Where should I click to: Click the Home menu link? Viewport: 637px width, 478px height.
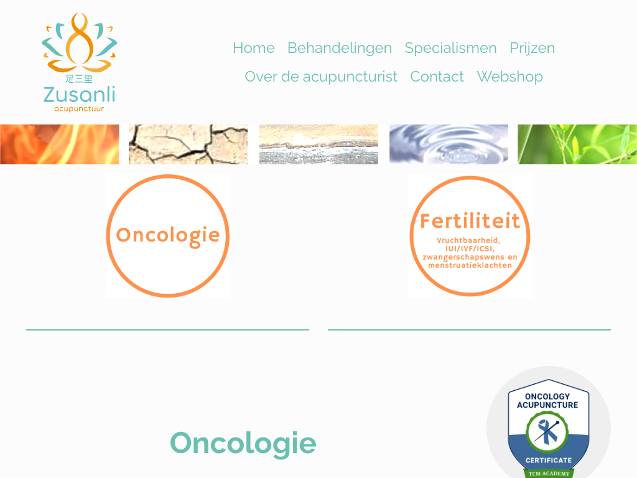tap(254, 48)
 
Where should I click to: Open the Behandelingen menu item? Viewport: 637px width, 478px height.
tap(340, 49)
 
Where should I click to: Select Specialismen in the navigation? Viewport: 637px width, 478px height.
tap(450, 49)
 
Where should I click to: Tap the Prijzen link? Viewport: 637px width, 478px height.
tap(532, 49)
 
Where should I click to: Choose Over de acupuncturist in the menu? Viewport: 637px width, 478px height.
tap(321, 77)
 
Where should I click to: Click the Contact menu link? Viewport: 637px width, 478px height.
tap(437, 77)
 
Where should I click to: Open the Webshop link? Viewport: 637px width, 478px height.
tap(510, 77)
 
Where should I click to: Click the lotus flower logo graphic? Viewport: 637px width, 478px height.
tap(80, 42)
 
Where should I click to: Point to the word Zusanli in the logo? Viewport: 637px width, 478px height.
tap(80, 95)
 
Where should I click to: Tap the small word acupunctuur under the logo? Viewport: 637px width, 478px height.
tap(79, 109)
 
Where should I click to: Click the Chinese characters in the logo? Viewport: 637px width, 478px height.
tap(79, 78)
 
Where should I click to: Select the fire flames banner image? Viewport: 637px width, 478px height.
tap(60, 144)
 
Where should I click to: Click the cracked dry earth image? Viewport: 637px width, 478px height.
tap(188, 144)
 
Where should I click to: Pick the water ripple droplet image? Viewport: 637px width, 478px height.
tap(449, 144)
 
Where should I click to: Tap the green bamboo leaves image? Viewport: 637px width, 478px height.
tap(577, 144)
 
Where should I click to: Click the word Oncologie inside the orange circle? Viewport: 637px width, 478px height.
tap(168, 235)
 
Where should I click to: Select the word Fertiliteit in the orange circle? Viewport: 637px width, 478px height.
tap(470, 221)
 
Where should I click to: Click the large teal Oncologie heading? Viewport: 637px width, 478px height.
tap(243, 443)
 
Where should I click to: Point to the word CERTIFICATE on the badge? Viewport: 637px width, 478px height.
tap(549, 460)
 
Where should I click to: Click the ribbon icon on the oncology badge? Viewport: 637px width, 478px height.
tap(547, 432)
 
